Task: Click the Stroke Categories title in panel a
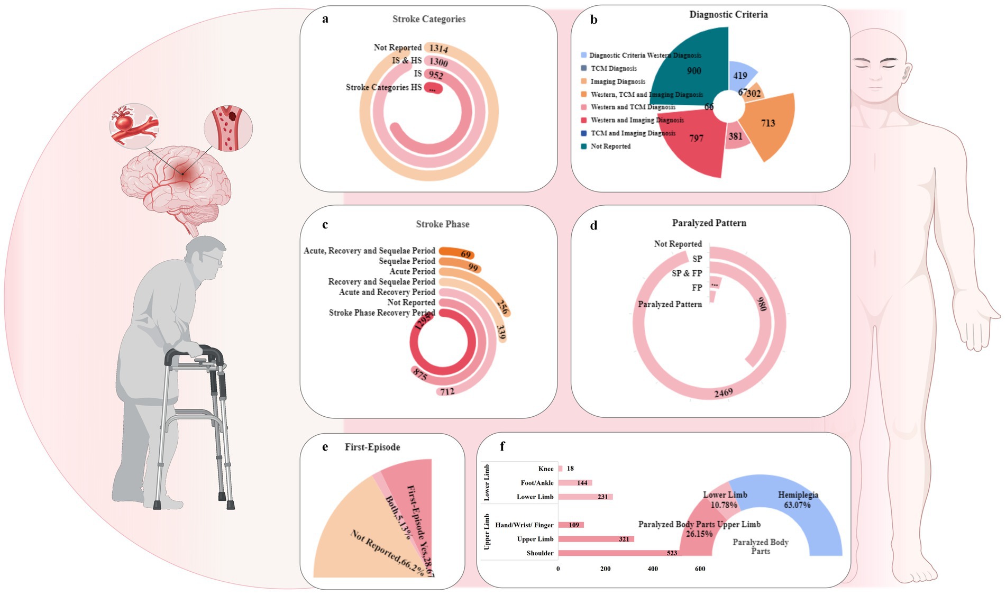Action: pos(428,19)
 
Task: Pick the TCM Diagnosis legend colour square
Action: pos(583,68)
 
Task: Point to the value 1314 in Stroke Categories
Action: pos(438,49)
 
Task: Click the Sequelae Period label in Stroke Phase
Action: pos(407,261)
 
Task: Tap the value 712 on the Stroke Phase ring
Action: pos(447,392)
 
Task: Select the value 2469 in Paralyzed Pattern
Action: pos(723,393)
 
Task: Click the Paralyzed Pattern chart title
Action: pos(709,223)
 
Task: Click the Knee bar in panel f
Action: pos(560,469)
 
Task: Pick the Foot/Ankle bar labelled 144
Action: pos(575,483)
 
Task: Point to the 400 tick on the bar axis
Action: pos(653,569)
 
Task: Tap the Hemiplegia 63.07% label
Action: pos(798,500)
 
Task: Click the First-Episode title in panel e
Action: pos(372,447)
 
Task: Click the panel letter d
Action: pos(593,226)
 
